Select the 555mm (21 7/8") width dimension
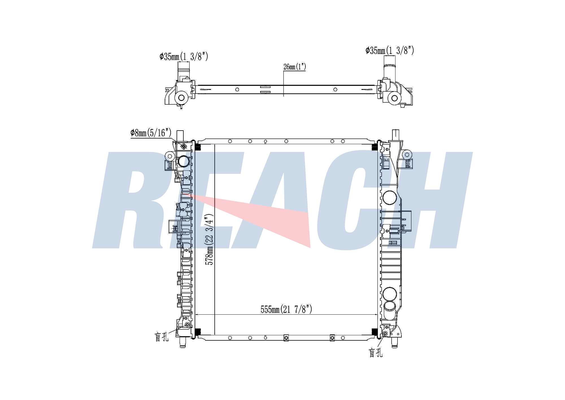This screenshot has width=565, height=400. [x=286, y=309]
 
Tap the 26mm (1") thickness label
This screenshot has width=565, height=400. [x=295, y=67]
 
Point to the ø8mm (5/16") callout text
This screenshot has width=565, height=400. [x=151, y=133]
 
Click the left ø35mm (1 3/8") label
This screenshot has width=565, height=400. [x=184, y=57]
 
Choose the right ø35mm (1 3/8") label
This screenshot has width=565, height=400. [x=390, y=51]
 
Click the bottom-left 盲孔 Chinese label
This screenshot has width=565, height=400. [x=162, y=336]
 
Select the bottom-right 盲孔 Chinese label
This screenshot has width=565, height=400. [x=376, y=353]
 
